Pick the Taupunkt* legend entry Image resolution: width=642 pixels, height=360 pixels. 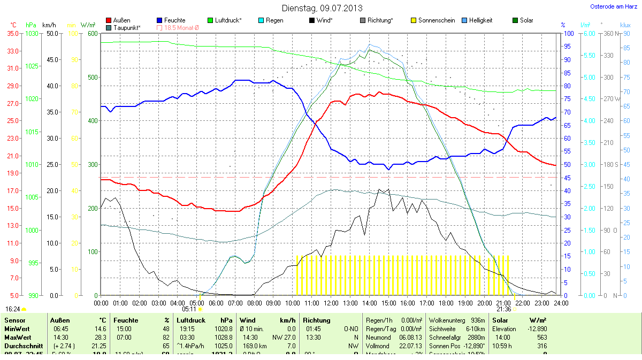(127, 27)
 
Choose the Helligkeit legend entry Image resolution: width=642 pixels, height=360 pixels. (480, 20)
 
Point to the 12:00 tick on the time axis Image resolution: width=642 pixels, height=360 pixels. (331, 303)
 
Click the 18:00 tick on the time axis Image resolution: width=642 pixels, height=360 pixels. (446, 303)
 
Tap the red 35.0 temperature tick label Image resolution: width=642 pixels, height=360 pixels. (13, 33)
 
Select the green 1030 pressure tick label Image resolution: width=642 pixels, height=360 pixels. (32, 33)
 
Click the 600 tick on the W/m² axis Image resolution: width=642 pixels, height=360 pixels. (93, 33)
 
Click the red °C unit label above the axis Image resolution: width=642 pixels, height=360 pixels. (13, 25)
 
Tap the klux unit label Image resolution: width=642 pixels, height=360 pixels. (625, 25)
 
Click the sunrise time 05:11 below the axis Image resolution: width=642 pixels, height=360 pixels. (189, 309)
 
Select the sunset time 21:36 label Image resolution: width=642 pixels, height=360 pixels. (503, 309)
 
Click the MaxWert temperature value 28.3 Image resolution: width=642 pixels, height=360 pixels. (101, 337)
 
